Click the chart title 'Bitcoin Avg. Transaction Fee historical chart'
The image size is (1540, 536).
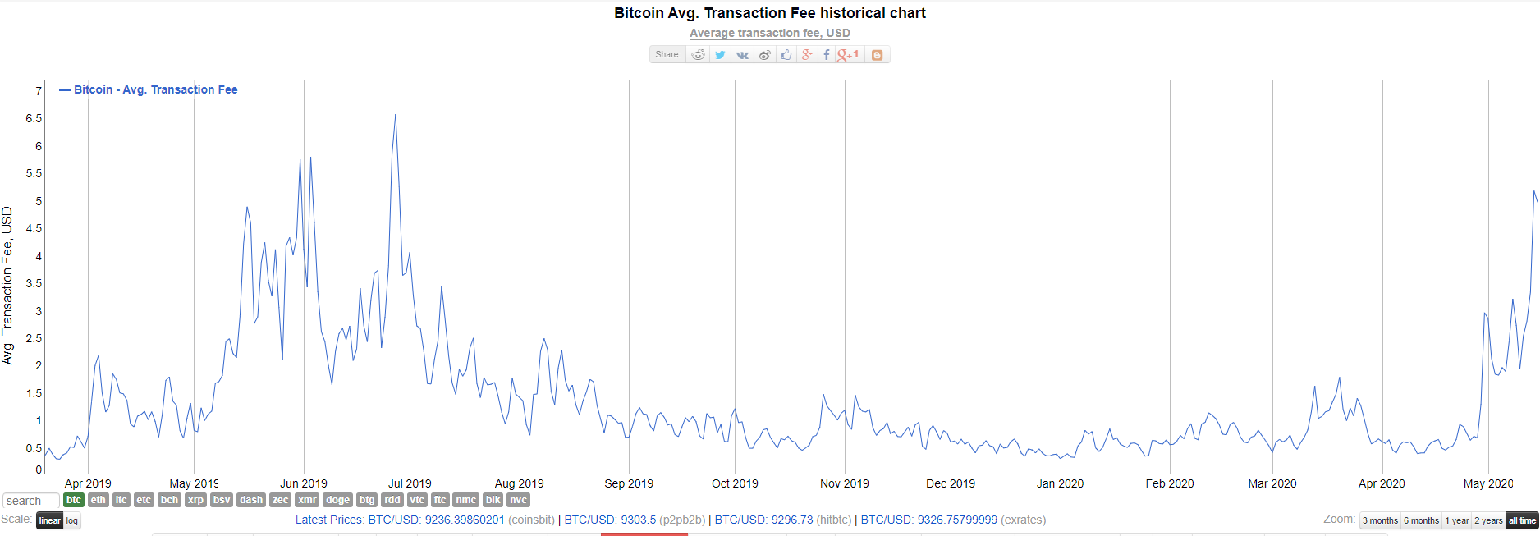(x=769, y=13)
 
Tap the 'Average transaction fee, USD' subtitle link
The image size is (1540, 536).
(x=769, y=33)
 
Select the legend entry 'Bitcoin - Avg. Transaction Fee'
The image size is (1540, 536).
(x=155, y=89)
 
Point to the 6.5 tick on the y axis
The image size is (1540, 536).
(x=34, y=118)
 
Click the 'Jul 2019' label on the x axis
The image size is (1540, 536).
(x=410, y=483)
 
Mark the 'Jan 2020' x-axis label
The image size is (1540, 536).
(x=1060, y=483)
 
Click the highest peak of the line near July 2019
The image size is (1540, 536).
(x=396, y=115)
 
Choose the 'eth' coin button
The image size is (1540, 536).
(x=99, y=500)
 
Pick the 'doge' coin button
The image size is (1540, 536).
(x=337, y=500)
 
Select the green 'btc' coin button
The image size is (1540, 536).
(x=74, y=500)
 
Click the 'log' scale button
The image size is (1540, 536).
(x=72, y=520)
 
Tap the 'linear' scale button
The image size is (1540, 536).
(x=49, y=520)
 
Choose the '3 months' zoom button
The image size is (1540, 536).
(x=1380, y=520)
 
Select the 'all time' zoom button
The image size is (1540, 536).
(x=1522, y=520)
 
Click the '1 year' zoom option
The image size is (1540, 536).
(x=1457, y=520)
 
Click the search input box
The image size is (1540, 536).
(x=30, y=501)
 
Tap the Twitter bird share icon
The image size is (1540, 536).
(x=720, y=55)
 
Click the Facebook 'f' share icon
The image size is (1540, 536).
(x=827, y=55)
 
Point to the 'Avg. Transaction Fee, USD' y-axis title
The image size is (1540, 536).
(x=8, y=286)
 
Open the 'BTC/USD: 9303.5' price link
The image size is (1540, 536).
(x=610, y=520)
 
